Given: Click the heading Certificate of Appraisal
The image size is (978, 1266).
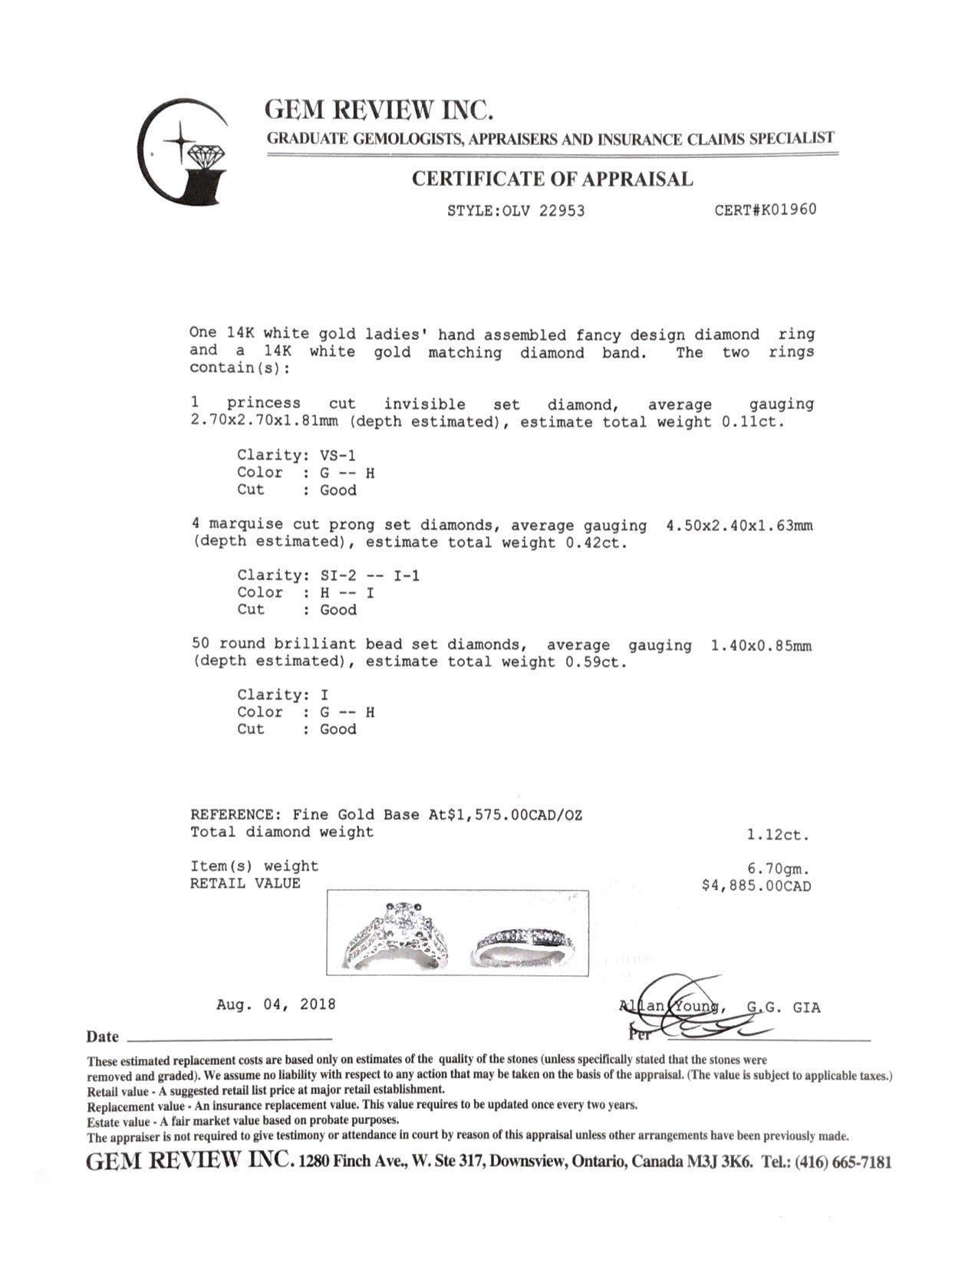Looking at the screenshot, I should (552, 179).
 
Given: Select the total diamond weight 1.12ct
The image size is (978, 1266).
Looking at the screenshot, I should (778, 835).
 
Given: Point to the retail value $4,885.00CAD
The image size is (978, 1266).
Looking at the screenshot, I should (756, 886).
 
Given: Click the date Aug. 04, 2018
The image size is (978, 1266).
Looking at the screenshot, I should (275, 1004).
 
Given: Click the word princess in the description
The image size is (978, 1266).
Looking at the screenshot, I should (263, 404).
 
